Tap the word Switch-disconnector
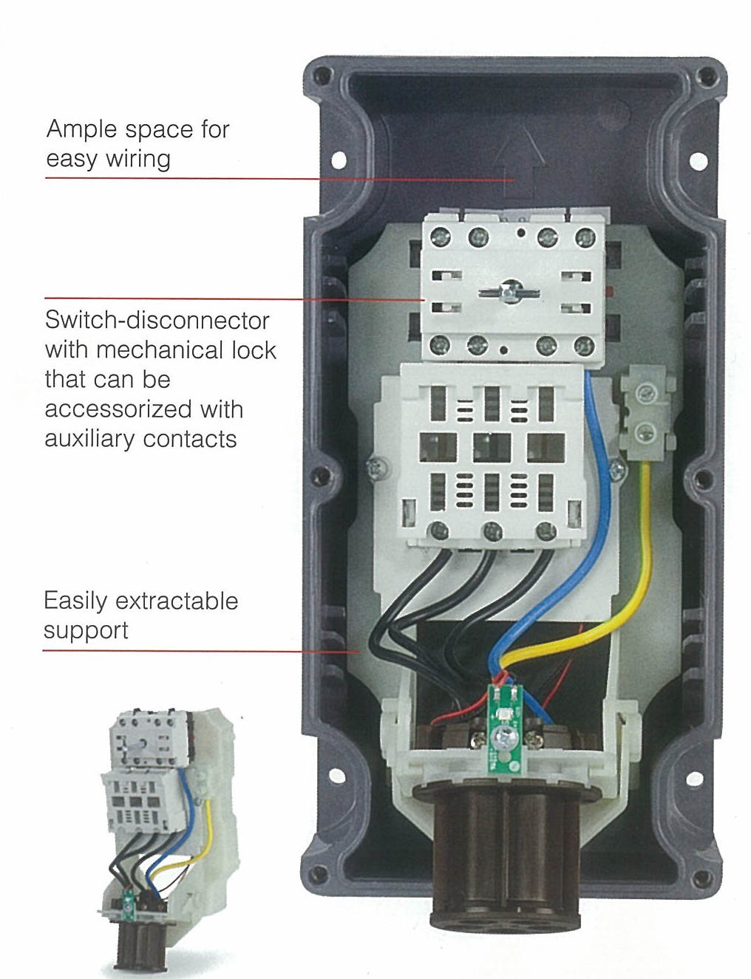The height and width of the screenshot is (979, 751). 157,321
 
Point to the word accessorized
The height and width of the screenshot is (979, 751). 109,409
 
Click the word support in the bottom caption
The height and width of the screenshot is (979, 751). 86,631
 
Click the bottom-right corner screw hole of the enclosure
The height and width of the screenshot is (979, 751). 707,875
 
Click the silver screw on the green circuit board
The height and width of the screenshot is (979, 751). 505,736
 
